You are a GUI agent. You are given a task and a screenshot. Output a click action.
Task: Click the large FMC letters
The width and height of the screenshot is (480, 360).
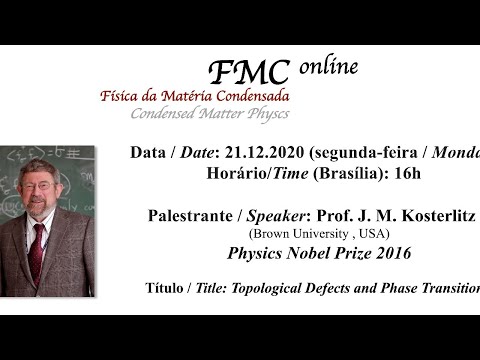pos(252,73)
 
